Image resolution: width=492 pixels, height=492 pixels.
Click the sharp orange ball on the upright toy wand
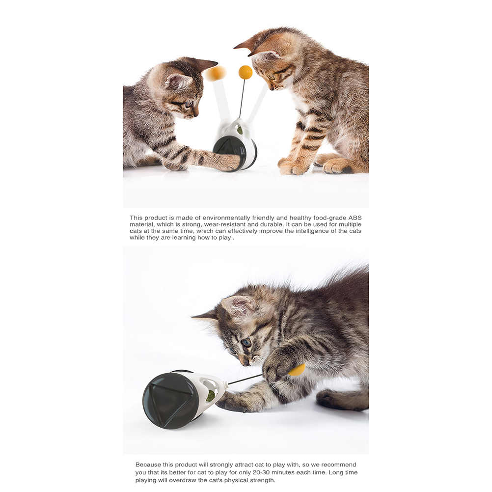click(246, 73)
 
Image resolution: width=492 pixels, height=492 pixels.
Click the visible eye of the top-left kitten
click(189, 104)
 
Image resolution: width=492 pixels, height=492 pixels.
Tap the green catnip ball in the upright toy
click(240, 129)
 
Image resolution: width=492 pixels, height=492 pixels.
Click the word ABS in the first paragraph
click(355, 218)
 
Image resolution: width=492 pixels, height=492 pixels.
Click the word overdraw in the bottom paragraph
click(181, 480)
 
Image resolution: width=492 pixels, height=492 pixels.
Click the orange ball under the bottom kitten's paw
click(297, 370)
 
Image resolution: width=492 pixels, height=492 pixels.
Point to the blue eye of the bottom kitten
click(246, 342)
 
